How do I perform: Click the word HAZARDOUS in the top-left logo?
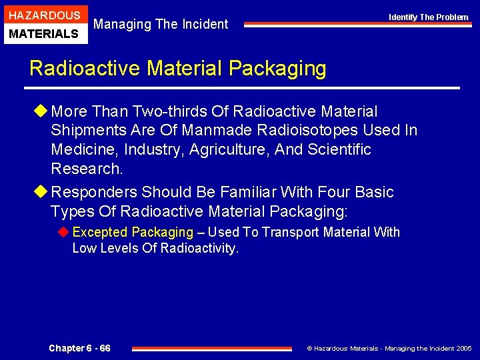pos(44,15)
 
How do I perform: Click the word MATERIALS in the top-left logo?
pos(44,33)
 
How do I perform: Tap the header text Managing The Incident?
pos(161,24)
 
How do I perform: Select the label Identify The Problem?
pos(429,17)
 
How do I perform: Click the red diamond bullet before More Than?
pos(43,111)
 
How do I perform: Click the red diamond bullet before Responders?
pos(43,193)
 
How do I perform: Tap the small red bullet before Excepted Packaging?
pos(65,233)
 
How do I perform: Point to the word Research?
pos(87,168)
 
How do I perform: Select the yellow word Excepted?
pos(100,233)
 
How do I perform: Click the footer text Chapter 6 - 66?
pos(79,348)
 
